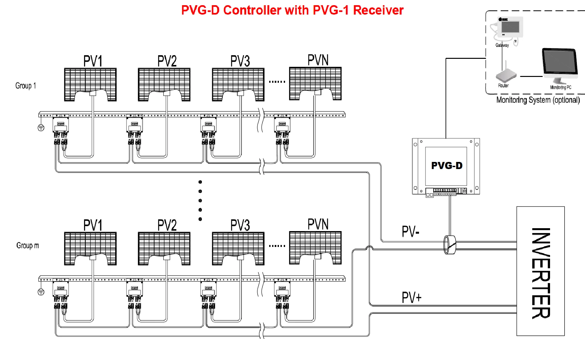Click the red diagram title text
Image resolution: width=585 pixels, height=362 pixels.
[x=292, y=10]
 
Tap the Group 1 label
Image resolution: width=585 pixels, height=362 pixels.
[x=26, y=86]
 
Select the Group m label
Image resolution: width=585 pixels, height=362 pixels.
[x=28, y=245]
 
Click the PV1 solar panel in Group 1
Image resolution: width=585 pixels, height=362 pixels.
[x=90, y=84]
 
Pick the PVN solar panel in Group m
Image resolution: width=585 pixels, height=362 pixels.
[x=315, y=248]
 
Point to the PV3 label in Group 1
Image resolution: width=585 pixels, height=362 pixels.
[x=240, y=61]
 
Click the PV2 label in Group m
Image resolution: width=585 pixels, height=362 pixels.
[x=167, y=225]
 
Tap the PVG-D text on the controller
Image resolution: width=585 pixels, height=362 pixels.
[x=447, y=165]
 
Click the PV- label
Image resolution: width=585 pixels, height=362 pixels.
[x=410, y=231]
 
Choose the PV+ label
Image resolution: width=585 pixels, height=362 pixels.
[x=412, y=297]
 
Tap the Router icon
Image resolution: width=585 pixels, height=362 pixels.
[x=506, y=76]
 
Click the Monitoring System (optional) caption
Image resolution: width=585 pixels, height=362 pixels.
[x=538, y=100]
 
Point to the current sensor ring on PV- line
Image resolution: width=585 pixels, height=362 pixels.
[x=449, y=245]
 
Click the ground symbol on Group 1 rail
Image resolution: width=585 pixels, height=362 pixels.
[x=41, y=128]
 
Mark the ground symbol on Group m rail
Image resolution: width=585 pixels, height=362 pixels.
[x=41, y=292]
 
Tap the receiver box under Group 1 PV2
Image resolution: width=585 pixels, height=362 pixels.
[x=134, y=125]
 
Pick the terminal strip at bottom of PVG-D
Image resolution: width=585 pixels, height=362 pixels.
[x=445, y=192]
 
